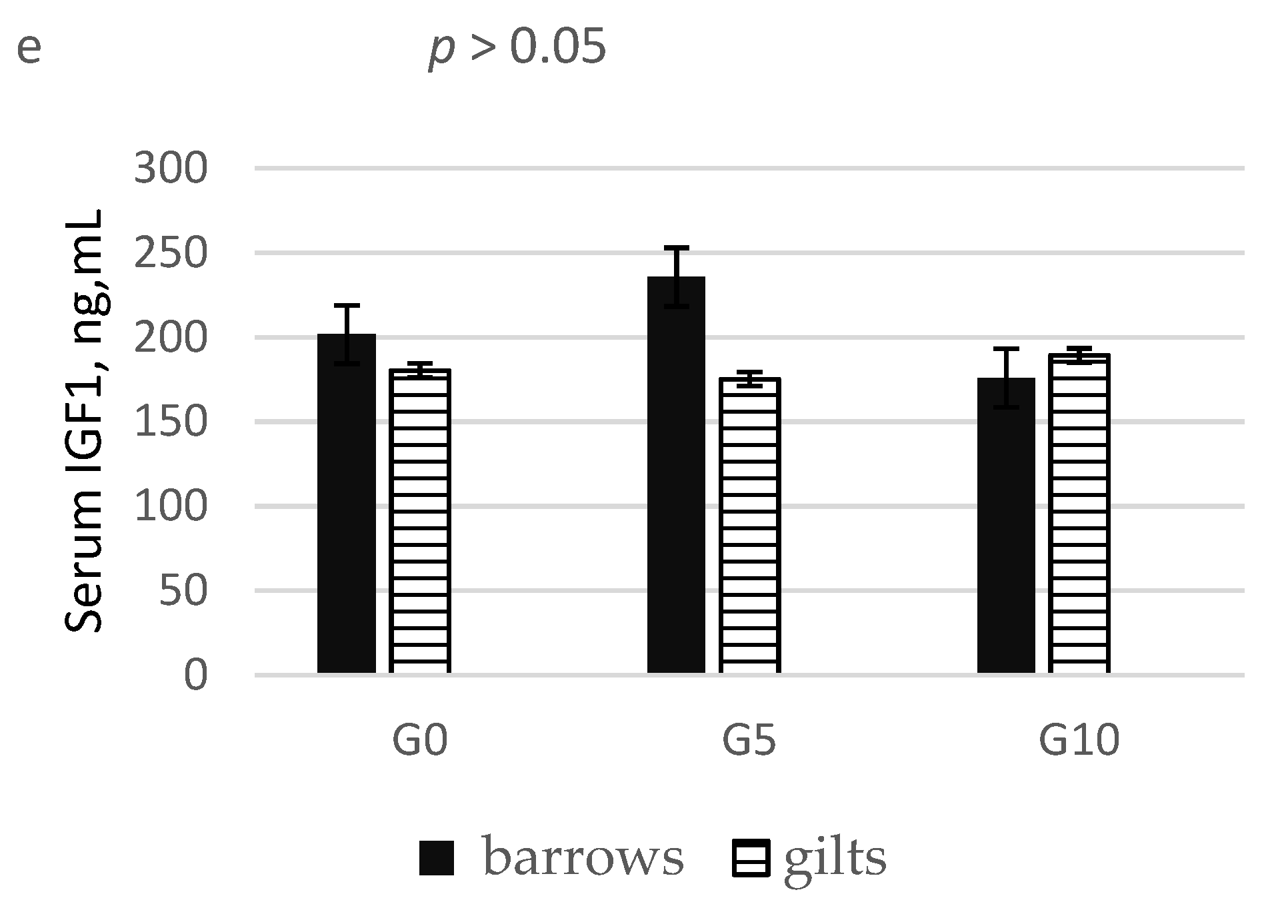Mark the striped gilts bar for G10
click(1079, 513)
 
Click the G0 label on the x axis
click(419, 741)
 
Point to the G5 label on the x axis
click(749, 741)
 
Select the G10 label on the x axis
click(1079, 741)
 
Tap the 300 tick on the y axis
click(171, 169)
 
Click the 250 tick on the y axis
click(171, 253)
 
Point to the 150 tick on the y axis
click(171, 422)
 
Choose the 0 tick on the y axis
click(195, 676)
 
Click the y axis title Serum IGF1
click(85, 421)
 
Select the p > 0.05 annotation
click(517, 48)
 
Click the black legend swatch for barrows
click(437, 858)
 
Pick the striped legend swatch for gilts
click(751, 858)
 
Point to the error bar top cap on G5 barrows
click(676, 248)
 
